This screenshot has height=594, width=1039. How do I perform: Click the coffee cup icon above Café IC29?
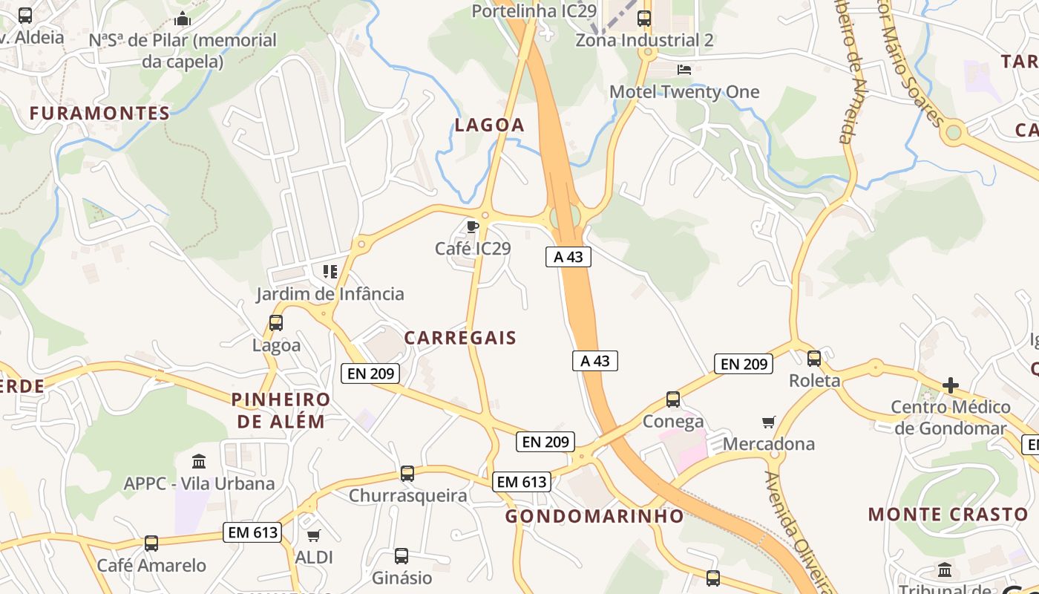(471, 226)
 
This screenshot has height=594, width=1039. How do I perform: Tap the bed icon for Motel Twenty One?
(684, 70)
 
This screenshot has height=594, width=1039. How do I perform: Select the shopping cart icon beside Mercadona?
(769, 422)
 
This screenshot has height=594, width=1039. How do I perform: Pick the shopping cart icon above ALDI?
(314, 535)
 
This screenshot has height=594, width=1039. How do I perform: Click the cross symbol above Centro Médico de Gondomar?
(951, 385)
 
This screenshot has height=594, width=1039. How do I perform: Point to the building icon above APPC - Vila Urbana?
(199, 462)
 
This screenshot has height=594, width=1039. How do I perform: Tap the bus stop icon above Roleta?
(814, 359)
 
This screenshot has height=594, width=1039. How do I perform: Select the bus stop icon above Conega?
(673, 399)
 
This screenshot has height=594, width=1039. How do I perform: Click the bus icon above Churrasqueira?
(407, 474)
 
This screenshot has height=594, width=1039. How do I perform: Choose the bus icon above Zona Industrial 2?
(644, 19)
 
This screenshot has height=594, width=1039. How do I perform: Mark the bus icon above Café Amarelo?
(151, 544)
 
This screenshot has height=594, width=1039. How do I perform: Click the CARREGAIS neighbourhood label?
(460, 338)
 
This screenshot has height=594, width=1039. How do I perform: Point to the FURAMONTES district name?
(99, 114)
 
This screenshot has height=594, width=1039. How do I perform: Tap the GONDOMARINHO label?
(594, 516)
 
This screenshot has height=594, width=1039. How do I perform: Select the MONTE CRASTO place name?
(948, 515)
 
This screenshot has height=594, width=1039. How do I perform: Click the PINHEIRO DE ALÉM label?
(281, 411)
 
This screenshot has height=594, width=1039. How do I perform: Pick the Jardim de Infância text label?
(330, 294)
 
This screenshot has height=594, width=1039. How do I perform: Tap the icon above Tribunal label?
(945, 570)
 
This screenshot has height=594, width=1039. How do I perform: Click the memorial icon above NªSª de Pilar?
(183, 19)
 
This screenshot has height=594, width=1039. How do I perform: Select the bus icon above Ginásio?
(401, 555)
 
